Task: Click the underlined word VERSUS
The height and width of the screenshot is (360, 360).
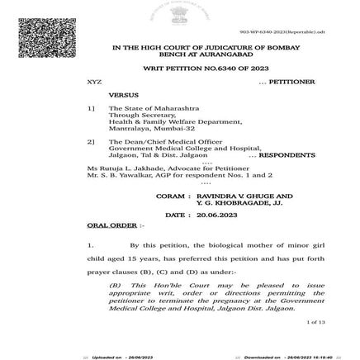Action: [x=123, y=95]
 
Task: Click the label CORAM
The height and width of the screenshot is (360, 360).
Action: [x=169, y=196]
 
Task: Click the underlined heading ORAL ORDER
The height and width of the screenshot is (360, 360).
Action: [x=111, y=225]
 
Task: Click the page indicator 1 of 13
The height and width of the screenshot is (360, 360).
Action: [x=315, y=322]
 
